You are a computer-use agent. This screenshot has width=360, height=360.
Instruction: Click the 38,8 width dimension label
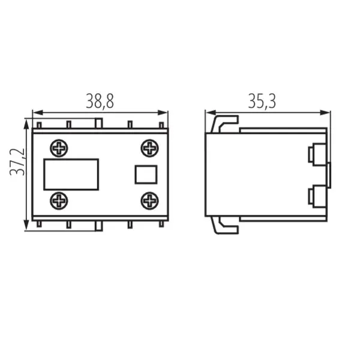click(x=100, y=101)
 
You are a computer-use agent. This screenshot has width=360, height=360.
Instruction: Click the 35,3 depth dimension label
click(x=262, y=101)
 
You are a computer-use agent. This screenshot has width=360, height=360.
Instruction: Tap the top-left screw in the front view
click(x=59, y=148)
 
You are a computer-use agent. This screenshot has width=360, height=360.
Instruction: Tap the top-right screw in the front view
click(x=149, y=148)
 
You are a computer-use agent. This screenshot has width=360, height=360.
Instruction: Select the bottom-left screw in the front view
click(x=59, y=200)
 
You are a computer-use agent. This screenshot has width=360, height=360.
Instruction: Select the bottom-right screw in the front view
click(x=149, y=200)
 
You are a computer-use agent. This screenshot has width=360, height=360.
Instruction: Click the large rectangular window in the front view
click(x=71, y=174)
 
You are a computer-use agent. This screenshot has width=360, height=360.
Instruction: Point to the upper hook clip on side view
click(x=223, y=123)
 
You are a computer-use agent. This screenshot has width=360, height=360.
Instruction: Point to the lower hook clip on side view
click(x=223, y=225)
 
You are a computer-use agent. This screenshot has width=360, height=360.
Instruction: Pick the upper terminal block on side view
click(x=316, y=154)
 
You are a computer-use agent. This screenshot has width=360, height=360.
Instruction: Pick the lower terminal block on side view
click(x=316, y=196)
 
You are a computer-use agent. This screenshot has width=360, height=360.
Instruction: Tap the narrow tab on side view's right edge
click(x=329, y=174)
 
